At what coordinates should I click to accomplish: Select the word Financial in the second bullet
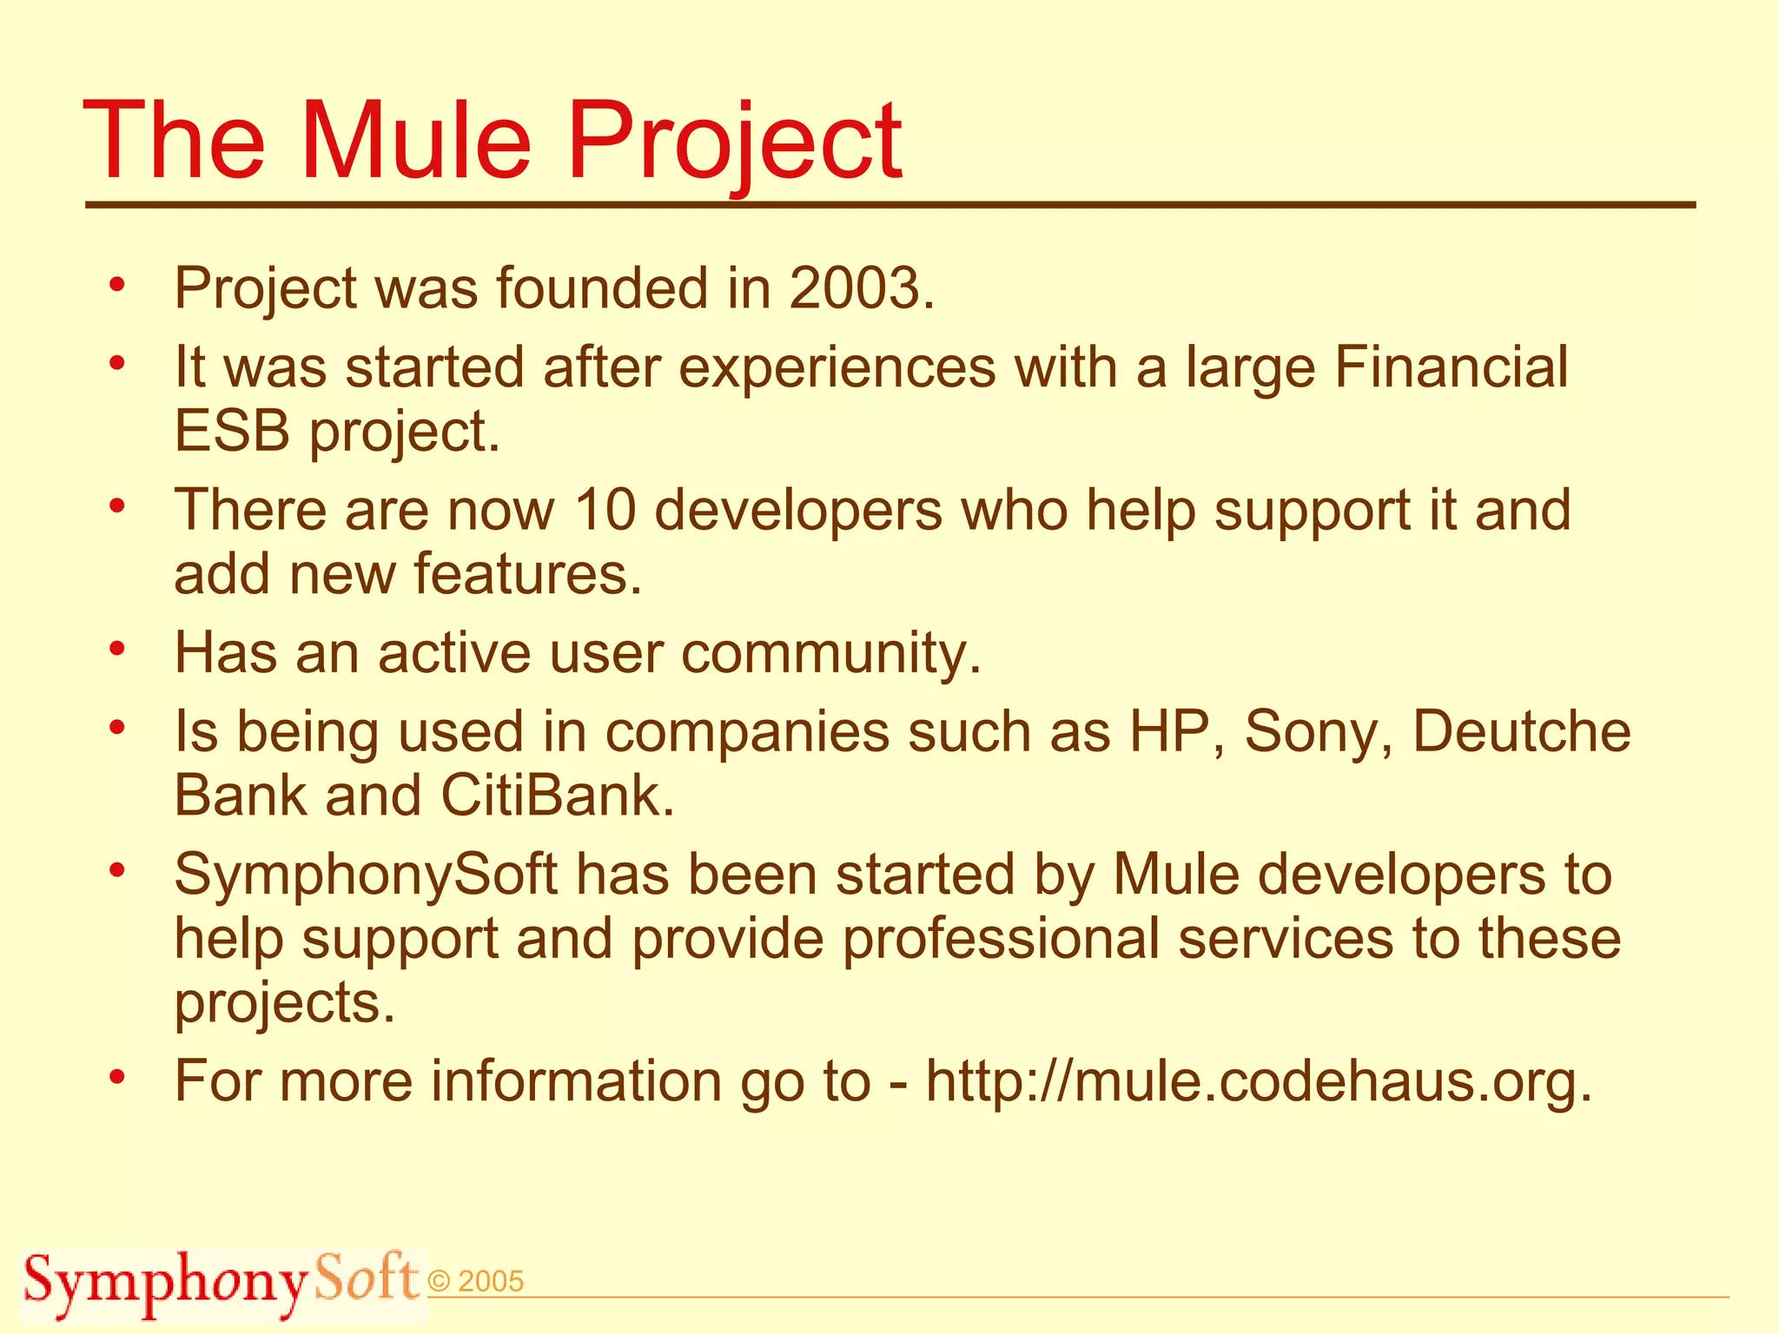pyautogui.click(x=1451, y=367)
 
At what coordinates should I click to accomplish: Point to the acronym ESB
pyautogui.click(x=231, y=432)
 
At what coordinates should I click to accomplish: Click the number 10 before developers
pyautogui.click(x=605, y=510)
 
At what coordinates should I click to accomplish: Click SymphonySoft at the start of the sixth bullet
pyautogui.click(x=365, y=875)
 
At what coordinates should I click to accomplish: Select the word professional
pyautogui.click(x=1000, y=939)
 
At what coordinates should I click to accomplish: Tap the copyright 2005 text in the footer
pyautogui.click(x=477, y=1282)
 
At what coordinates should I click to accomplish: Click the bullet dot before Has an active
pyautogui.click(x=118, y=648)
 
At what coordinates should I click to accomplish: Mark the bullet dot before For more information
pyautogui.click(x=118, y=1077)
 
